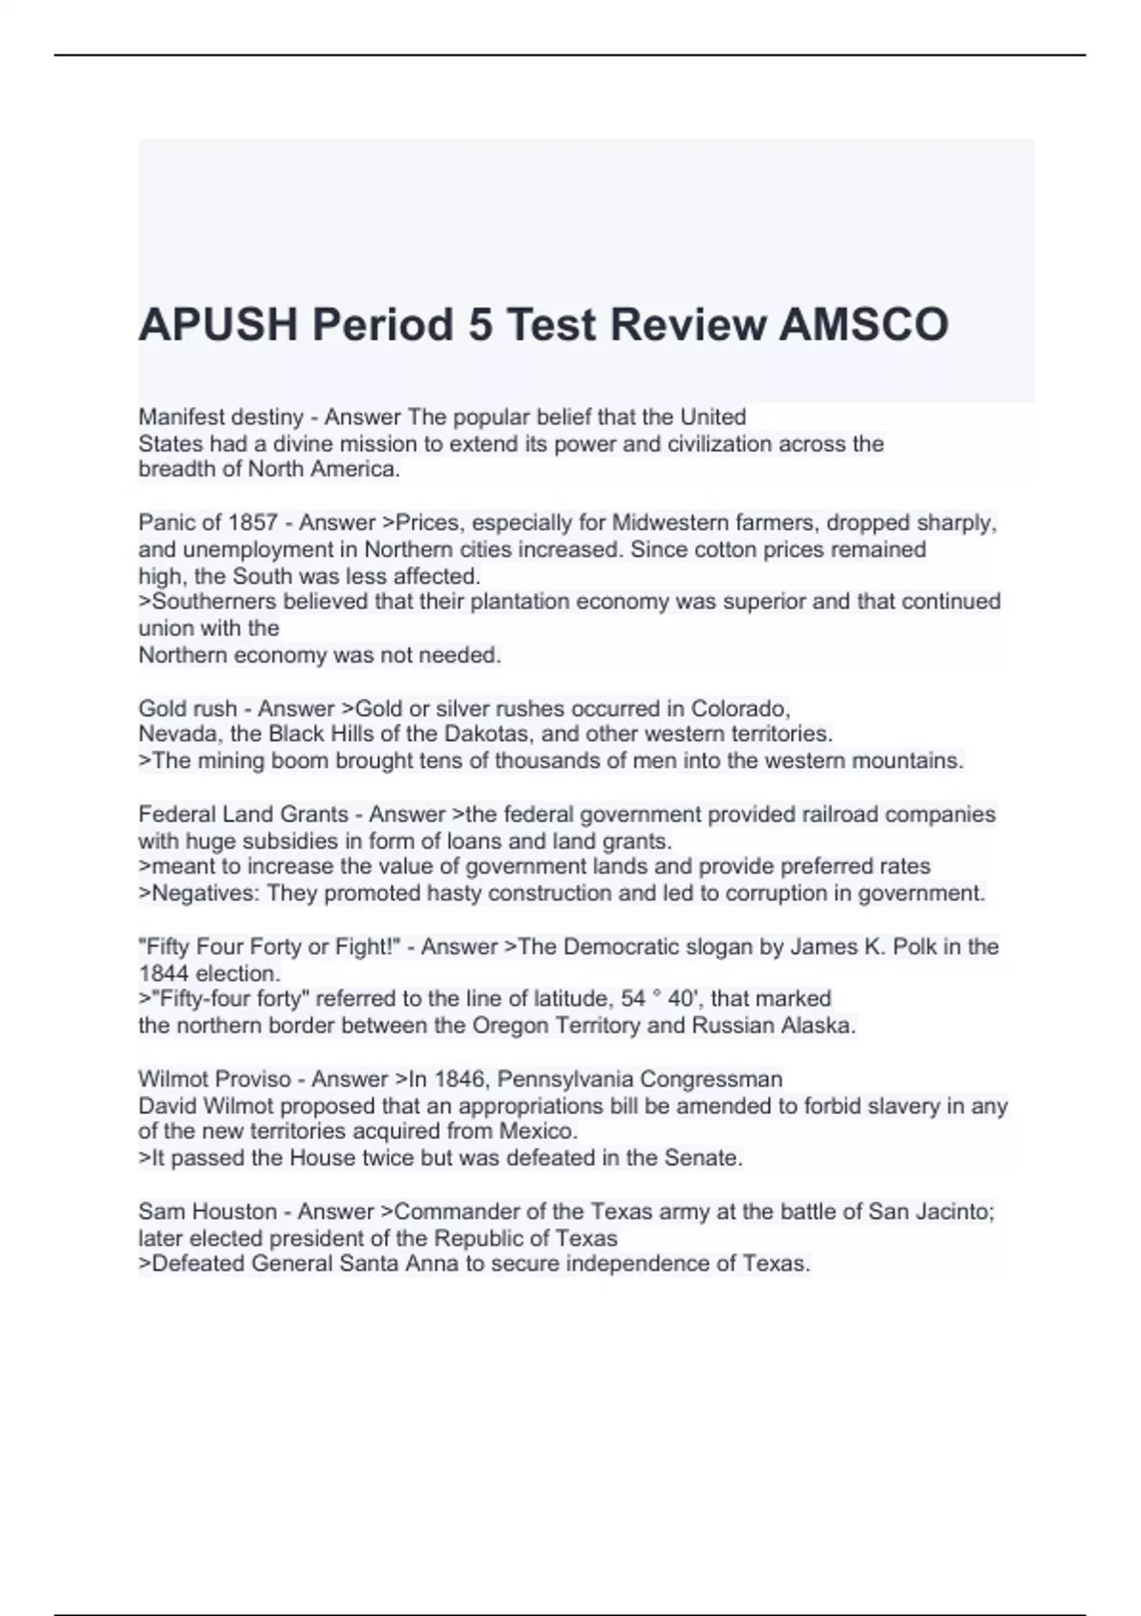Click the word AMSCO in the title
[x=863, y=325]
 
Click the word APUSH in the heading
[x=216, y=325]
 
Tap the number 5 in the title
[x=479, y=325]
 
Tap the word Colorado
[x=740, y=708]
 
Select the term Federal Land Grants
[x=243, y=815]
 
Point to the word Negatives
[x=203, y=894]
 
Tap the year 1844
[x=164, y=973]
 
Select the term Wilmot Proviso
[x=215, y=1079]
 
